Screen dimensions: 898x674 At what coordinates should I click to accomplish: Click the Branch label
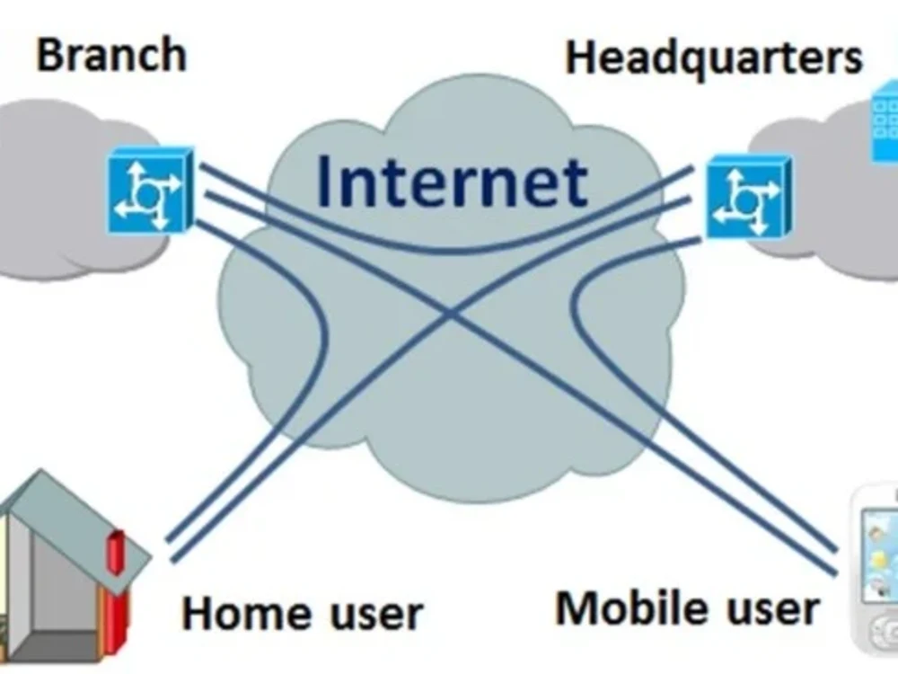pos(111,55)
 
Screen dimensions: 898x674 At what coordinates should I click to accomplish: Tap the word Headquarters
pos(714,58)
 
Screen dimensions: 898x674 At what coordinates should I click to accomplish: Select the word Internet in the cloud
pos(452,181)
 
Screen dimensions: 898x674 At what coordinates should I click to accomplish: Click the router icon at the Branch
pos(151,190)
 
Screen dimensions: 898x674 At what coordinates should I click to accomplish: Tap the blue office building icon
pos(885,121)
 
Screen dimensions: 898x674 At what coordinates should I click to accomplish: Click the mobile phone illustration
pos(875,571)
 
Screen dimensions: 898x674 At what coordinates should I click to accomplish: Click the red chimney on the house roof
pos(116,553)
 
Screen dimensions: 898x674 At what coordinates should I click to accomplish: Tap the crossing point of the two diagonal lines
pos(452,313)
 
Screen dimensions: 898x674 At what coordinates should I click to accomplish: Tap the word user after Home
pos(376,616)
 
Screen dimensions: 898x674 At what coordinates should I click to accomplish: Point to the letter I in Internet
pos(325,181)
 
